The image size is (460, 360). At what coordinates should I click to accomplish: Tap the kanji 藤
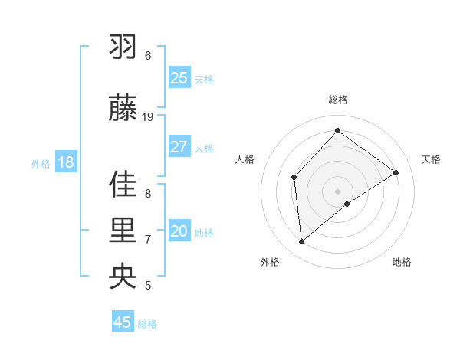pos(123,108)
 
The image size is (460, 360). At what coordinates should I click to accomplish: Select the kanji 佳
pos(123,185)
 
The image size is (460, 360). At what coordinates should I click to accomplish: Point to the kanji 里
pos(123,231)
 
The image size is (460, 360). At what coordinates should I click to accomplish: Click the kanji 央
pos(123,277)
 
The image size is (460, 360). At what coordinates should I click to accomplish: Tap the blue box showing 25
pos(179,78)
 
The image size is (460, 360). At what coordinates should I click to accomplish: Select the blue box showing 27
pos(179,147)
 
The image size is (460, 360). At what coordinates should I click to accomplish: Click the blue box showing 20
pos(179,231)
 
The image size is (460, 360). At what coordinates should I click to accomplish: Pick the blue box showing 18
pos(65,162)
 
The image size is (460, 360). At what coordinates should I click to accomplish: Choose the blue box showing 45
pos(123,322)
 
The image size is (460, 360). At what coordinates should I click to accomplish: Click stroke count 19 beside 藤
pos(148,116)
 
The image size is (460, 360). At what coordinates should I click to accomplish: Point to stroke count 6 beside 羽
pos(148,55)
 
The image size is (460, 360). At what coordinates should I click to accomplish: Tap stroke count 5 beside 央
pos(148,286)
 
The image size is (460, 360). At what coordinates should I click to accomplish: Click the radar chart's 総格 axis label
pos(338,100)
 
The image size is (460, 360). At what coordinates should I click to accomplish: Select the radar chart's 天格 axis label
pos(431,159)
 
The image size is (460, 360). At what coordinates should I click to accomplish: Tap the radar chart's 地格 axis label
pos(402,262)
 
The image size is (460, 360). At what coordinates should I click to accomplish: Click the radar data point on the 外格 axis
pos(301,241)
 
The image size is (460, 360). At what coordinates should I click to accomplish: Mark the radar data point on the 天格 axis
pos(396,172)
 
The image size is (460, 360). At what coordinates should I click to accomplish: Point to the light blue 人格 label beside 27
pos(204,148)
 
